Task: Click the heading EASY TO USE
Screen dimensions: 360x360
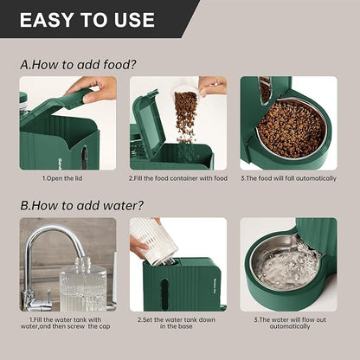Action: (87, 20)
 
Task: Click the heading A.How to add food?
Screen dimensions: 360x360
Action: (78, 64)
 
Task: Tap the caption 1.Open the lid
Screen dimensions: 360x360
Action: (62, 178)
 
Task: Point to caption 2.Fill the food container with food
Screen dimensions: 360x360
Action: (177, 178)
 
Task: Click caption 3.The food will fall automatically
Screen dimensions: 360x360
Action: (289, 178)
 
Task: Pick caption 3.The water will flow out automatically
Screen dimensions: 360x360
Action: (289, 323)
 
